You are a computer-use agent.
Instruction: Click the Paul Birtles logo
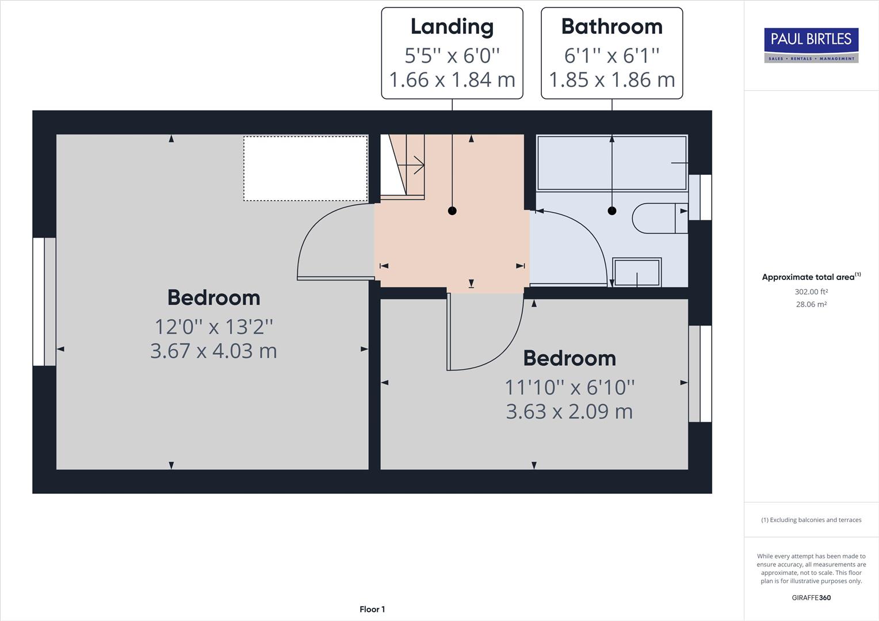pos(811,45)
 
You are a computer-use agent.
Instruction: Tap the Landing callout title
pos(452,26)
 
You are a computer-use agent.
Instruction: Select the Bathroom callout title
pos(612,26)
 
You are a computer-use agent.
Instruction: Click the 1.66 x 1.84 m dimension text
pos(452,79)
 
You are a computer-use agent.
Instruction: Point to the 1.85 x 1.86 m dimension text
pos(612,79)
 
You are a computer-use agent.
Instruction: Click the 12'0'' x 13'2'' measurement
pos(213,327)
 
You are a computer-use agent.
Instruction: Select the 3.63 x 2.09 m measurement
pos(569,411)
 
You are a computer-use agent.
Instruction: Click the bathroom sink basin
pos(637,273)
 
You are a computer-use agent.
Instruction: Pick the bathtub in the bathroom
pos(612,163)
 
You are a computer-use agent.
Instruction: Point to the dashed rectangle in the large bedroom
pos(305,168)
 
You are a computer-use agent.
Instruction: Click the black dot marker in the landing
pos(452,211)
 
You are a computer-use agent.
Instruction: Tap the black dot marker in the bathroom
pos(612,211)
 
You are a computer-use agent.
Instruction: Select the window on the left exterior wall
pos(44,301)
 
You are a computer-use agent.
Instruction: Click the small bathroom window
pos(700,197)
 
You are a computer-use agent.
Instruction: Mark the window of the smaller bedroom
pos(700,374)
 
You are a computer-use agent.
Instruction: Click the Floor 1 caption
pos(372,609)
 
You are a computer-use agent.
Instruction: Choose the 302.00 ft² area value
pos(811,292)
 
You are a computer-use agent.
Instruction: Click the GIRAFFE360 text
pos(811,597)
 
